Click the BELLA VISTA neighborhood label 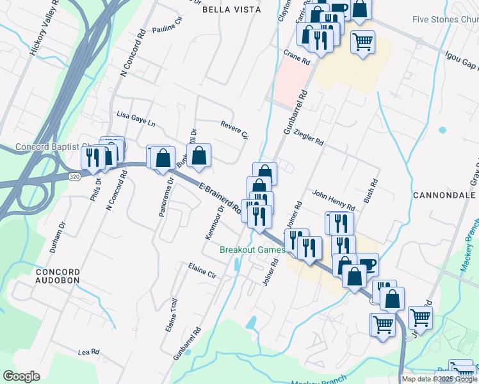tap(231, 10)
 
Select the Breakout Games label tap(252, 250)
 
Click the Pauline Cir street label tap(168, 32)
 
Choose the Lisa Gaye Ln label tap(136, 118)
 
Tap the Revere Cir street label tap(234, 129)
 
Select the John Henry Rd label tap(333, 200)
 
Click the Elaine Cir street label tap(204, 271)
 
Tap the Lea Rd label tap(89, 352)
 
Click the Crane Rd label tap(296, 58)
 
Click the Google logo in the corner tap(21, 376)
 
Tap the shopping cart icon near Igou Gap tap(362, 42)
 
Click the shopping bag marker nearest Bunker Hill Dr tap(199, 156)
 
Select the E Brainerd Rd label tap(219, 198)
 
